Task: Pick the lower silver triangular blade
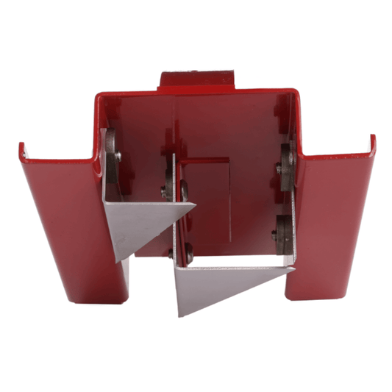[221, 283]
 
